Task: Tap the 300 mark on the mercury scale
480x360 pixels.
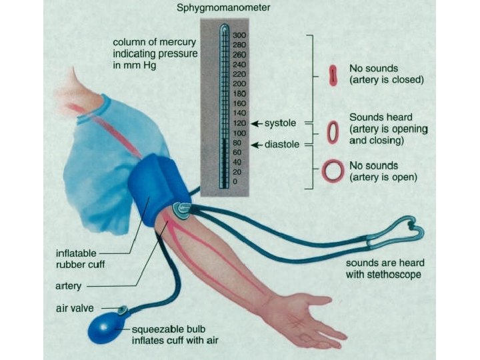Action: pyautogui.click(x=239, y=35)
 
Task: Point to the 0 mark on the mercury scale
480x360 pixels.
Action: pyautogui.click(x=235, y=181)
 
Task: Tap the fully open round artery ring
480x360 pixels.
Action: pyautogui.click(x=333, y=171)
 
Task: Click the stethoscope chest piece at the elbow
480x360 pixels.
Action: pyautogui.click(x=181, y=210)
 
